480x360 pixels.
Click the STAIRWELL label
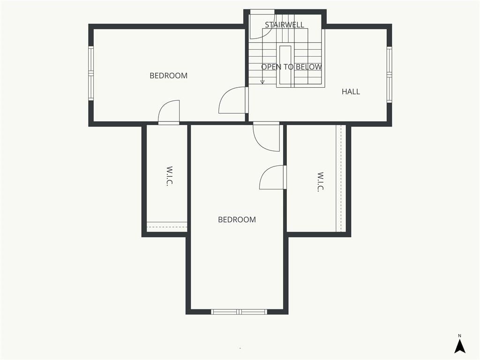pyautogui.click(x=285, y=25)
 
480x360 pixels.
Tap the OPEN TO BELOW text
pyautogui.click(x=292, y=67)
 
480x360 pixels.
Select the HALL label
pyautogui.click(x=351, y=91)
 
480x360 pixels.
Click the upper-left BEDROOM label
pyautogui.click(x=168, y=75)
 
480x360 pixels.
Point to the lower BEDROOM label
pyautogui.click(x=237, y=219)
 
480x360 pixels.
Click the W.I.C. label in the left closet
pyautogui.click(x=169, y=176)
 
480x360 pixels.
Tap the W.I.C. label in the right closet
pyautogui.click(x=320, y=182)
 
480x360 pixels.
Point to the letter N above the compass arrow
pyautogui.click(x=459, y=336)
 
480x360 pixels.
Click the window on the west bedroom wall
pyautogui.click(x=90, y=73)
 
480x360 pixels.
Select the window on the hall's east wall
pyautogui.click(x=389, y=75)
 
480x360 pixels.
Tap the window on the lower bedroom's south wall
pyautogui.click(x=239, y=312)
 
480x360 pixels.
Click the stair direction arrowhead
pyautogui.click(x=262, y=82)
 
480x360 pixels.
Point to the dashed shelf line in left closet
pyautogui.click(x=167, y=227)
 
